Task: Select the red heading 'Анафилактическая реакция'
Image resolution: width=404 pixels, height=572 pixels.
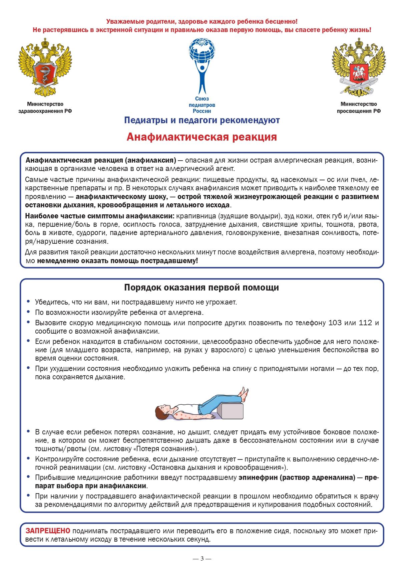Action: (x=201, y=137)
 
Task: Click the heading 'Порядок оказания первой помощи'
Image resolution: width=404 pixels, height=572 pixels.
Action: (x=201, y=288)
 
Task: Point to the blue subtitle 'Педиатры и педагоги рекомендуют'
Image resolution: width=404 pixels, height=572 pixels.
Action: (x=201, y=120)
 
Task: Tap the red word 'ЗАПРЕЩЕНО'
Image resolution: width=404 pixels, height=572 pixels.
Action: (x=48, y=531)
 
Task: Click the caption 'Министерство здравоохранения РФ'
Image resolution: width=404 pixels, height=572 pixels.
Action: (x=45, y=108)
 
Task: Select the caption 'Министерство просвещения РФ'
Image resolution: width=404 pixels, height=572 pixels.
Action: (x=358, y=108)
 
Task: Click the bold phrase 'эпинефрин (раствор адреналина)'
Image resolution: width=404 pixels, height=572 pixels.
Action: (x=297, y=478)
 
